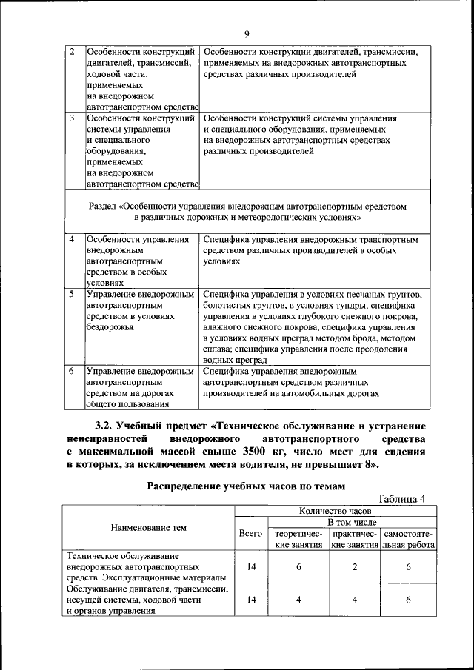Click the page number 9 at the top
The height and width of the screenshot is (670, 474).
(x=247, y=32)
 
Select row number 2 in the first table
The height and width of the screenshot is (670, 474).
(x=72, y=53)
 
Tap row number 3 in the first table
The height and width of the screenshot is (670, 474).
(x=72, y=118)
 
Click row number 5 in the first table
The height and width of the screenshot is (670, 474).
(x=72, y=294)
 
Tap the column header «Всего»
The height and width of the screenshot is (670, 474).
(x=252, y=533)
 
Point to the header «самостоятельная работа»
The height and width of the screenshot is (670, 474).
(x=408, y=539)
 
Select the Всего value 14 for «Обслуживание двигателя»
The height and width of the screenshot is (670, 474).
(x=252, y=600)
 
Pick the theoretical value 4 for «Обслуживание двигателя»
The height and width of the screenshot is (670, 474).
(x=298, y=600)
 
